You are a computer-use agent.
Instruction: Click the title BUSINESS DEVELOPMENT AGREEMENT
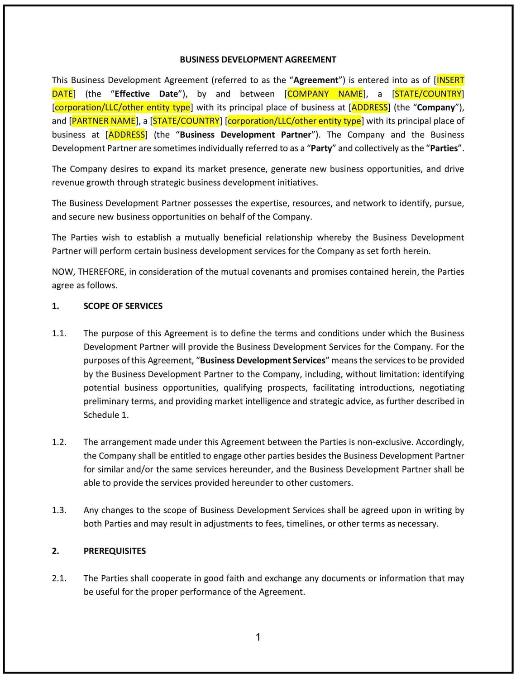[x=258, y=60]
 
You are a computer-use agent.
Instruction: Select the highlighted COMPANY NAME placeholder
[x=325, y=94]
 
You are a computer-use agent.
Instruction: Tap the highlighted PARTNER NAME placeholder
[x=104, y=121]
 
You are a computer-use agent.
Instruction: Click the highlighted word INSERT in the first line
[x=450, y=81]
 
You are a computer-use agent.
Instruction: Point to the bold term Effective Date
[x=146, y=94]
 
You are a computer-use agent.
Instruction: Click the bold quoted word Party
[x=321, y=148]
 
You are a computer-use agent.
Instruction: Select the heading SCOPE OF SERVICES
[x=123, y=306]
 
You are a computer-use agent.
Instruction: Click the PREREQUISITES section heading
[x=115, y=551]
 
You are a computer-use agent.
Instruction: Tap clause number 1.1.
[x=59, y=334]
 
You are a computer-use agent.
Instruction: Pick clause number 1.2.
[x=59, y=442]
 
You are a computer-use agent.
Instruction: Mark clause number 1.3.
[x=59, y=510]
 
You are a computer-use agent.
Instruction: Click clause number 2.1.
[x=59, y=578]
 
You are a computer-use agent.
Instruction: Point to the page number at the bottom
[x=258, y=637]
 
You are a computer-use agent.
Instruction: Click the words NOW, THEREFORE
[x=88, y=272]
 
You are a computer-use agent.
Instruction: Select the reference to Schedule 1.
[x=105, y=415]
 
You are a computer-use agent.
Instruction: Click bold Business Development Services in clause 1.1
[x=263, y=361]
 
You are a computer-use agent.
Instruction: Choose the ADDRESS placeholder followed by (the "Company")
[x=370, y=108]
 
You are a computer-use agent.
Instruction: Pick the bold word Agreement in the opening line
[x=316, y=81]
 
